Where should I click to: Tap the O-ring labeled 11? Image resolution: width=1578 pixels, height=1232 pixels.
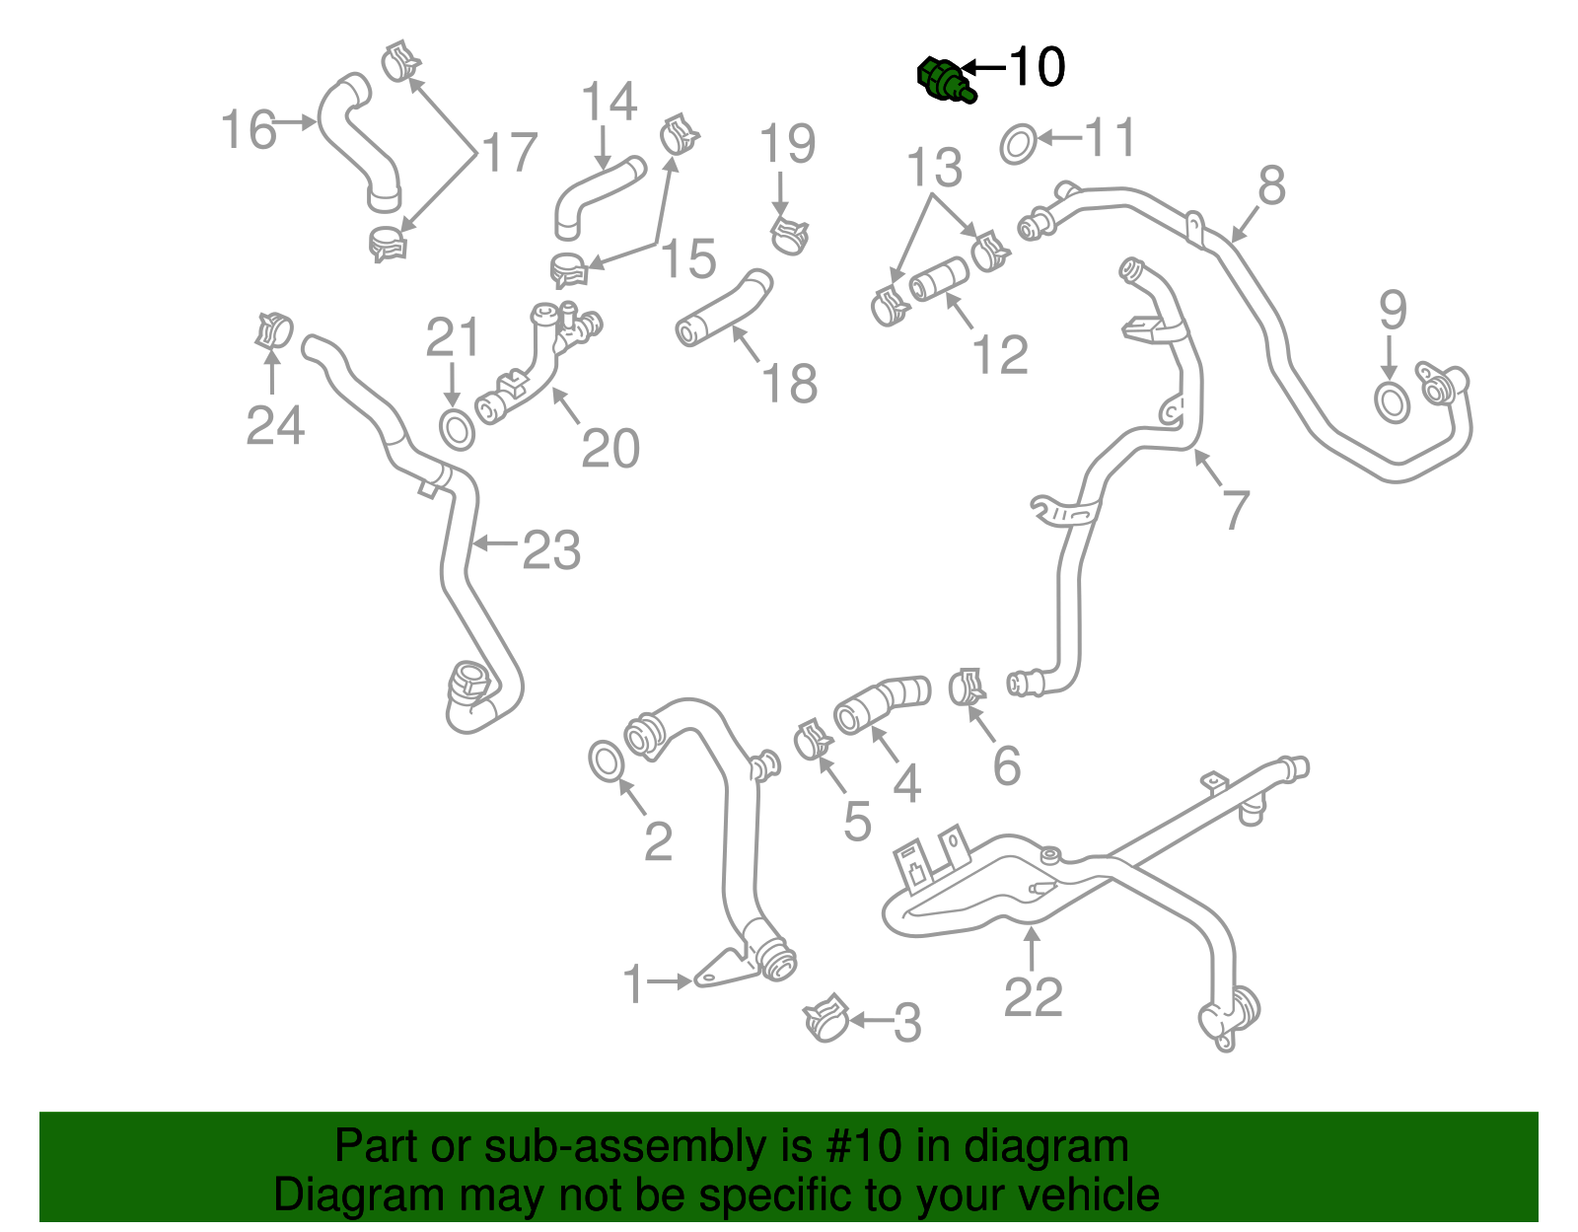(1018, 144)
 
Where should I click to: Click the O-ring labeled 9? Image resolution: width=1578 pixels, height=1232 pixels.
(1392, 402)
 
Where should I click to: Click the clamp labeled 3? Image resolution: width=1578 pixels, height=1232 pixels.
(826, 1019)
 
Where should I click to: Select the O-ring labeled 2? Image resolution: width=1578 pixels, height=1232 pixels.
(606, 761)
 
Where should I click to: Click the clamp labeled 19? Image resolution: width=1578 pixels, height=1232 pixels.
(789, 235)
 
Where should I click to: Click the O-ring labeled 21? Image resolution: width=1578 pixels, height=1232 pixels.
(456, 430)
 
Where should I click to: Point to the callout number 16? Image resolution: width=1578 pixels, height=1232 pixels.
(248, 130)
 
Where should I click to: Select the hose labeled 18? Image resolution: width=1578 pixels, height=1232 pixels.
(724, 309)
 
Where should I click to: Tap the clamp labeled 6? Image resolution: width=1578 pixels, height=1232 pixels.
(967, 687)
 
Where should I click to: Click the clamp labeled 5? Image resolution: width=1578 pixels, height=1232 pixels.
(813, 739)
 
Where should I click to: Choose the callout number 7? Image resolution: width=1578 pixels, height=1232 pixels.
(1235, 509)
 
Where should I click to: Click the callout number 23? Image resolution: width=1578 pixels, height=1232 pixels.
(550, 549)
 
